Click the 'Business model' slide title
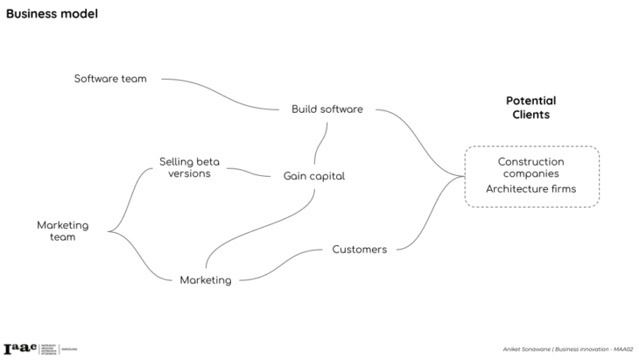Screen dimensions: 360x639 tap(52, 14)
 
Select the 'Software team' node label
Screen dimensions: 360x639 tap(109, 79)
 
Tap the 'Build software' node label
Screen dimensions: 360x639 tap(327, 109)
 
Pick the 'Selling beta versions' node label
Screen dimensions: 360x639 tap(189, 167)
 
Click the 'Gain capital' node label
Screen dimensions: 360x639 tap(313, 176)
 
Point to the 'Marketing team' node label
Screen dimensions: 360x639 tap(62, 231)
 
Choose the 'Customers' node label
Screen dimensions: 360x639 tap(359, 250)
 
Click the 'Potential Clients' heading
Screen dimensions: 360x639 tap(530, 108)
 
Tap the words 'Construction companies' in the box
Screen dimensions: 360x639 tap(530, 167)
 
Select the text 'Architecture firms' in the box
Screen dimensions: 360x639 tap(530, 189)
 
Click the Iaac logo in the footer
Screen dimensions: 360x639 tap(19, 349)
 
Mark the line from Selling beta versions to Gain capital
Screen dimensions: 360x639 tap(249, 172)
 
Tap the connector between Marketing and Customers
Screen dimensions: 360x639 tap(284, 265)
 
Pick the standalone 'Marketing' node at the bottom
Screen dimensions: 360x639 tap(206, 280)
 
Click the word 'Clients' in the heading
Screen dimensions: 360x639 tap(530, 115)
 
